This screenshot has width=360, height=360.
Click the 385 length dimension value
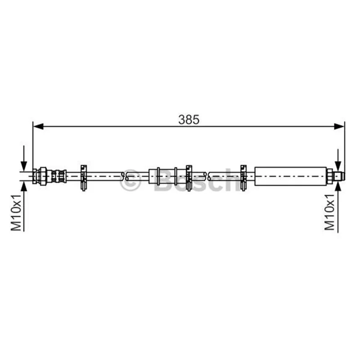point(189,120)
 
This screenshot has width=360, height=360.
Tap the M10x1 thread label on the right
point(329,212)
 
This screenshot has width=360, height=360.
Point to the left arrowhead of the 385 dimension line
point(38,126)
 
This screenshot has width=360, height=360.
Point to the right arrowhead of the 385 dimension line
point(339,126)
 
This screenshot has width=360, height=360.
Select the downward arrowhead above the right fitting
point(338,166)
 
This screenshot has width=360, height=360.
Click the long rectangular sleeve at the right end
point(290,176)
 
